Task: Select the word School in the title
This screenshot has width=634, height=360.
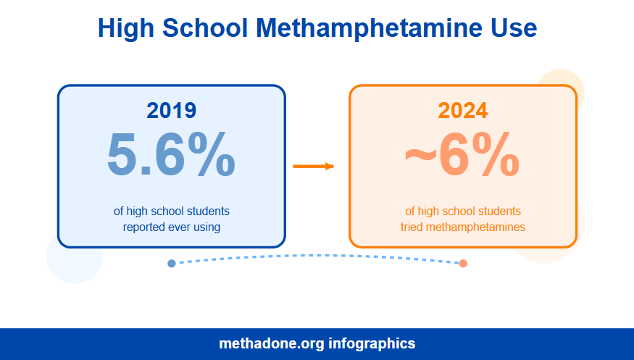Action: pyautogui.click(x=204, y=28)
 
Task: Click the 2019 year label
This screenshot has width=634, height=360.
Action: pyautogui.click(x=171, y=110)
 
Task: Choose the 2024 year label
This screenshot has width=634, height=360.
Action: pyautogui.click(x=462, y=110)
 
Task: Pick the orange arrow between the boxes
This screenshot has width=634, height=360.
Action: pyautogui.click(x=313, y=167)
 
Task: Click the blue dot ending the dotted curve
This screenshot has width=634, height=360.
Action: pyautogui.click(x=172, y=263)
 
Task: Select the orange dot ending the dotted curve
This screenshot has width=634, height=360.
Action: pyautogui.click(x=463, y=263)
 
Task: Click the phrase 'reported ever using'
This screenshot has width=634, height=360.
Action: pyautogui.click(x=172, y=227)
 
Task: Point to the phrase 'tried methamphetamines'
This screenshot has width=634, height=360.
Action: pyautogui.click(x=463, y=227)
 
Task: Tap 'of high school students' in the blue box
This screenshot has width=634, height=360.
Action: pyautogui.click(x=172, y=212)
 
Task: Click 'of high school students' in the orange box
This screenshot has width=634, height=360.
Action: pyautogui.click(x=463, y=212)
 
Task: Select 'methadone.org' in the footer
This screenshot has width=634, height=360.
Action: pyautogui.click(x=272, y=343)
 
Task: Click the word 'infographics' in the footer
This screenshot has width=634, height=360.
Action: pyautogui.click(x=372, y=343)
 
